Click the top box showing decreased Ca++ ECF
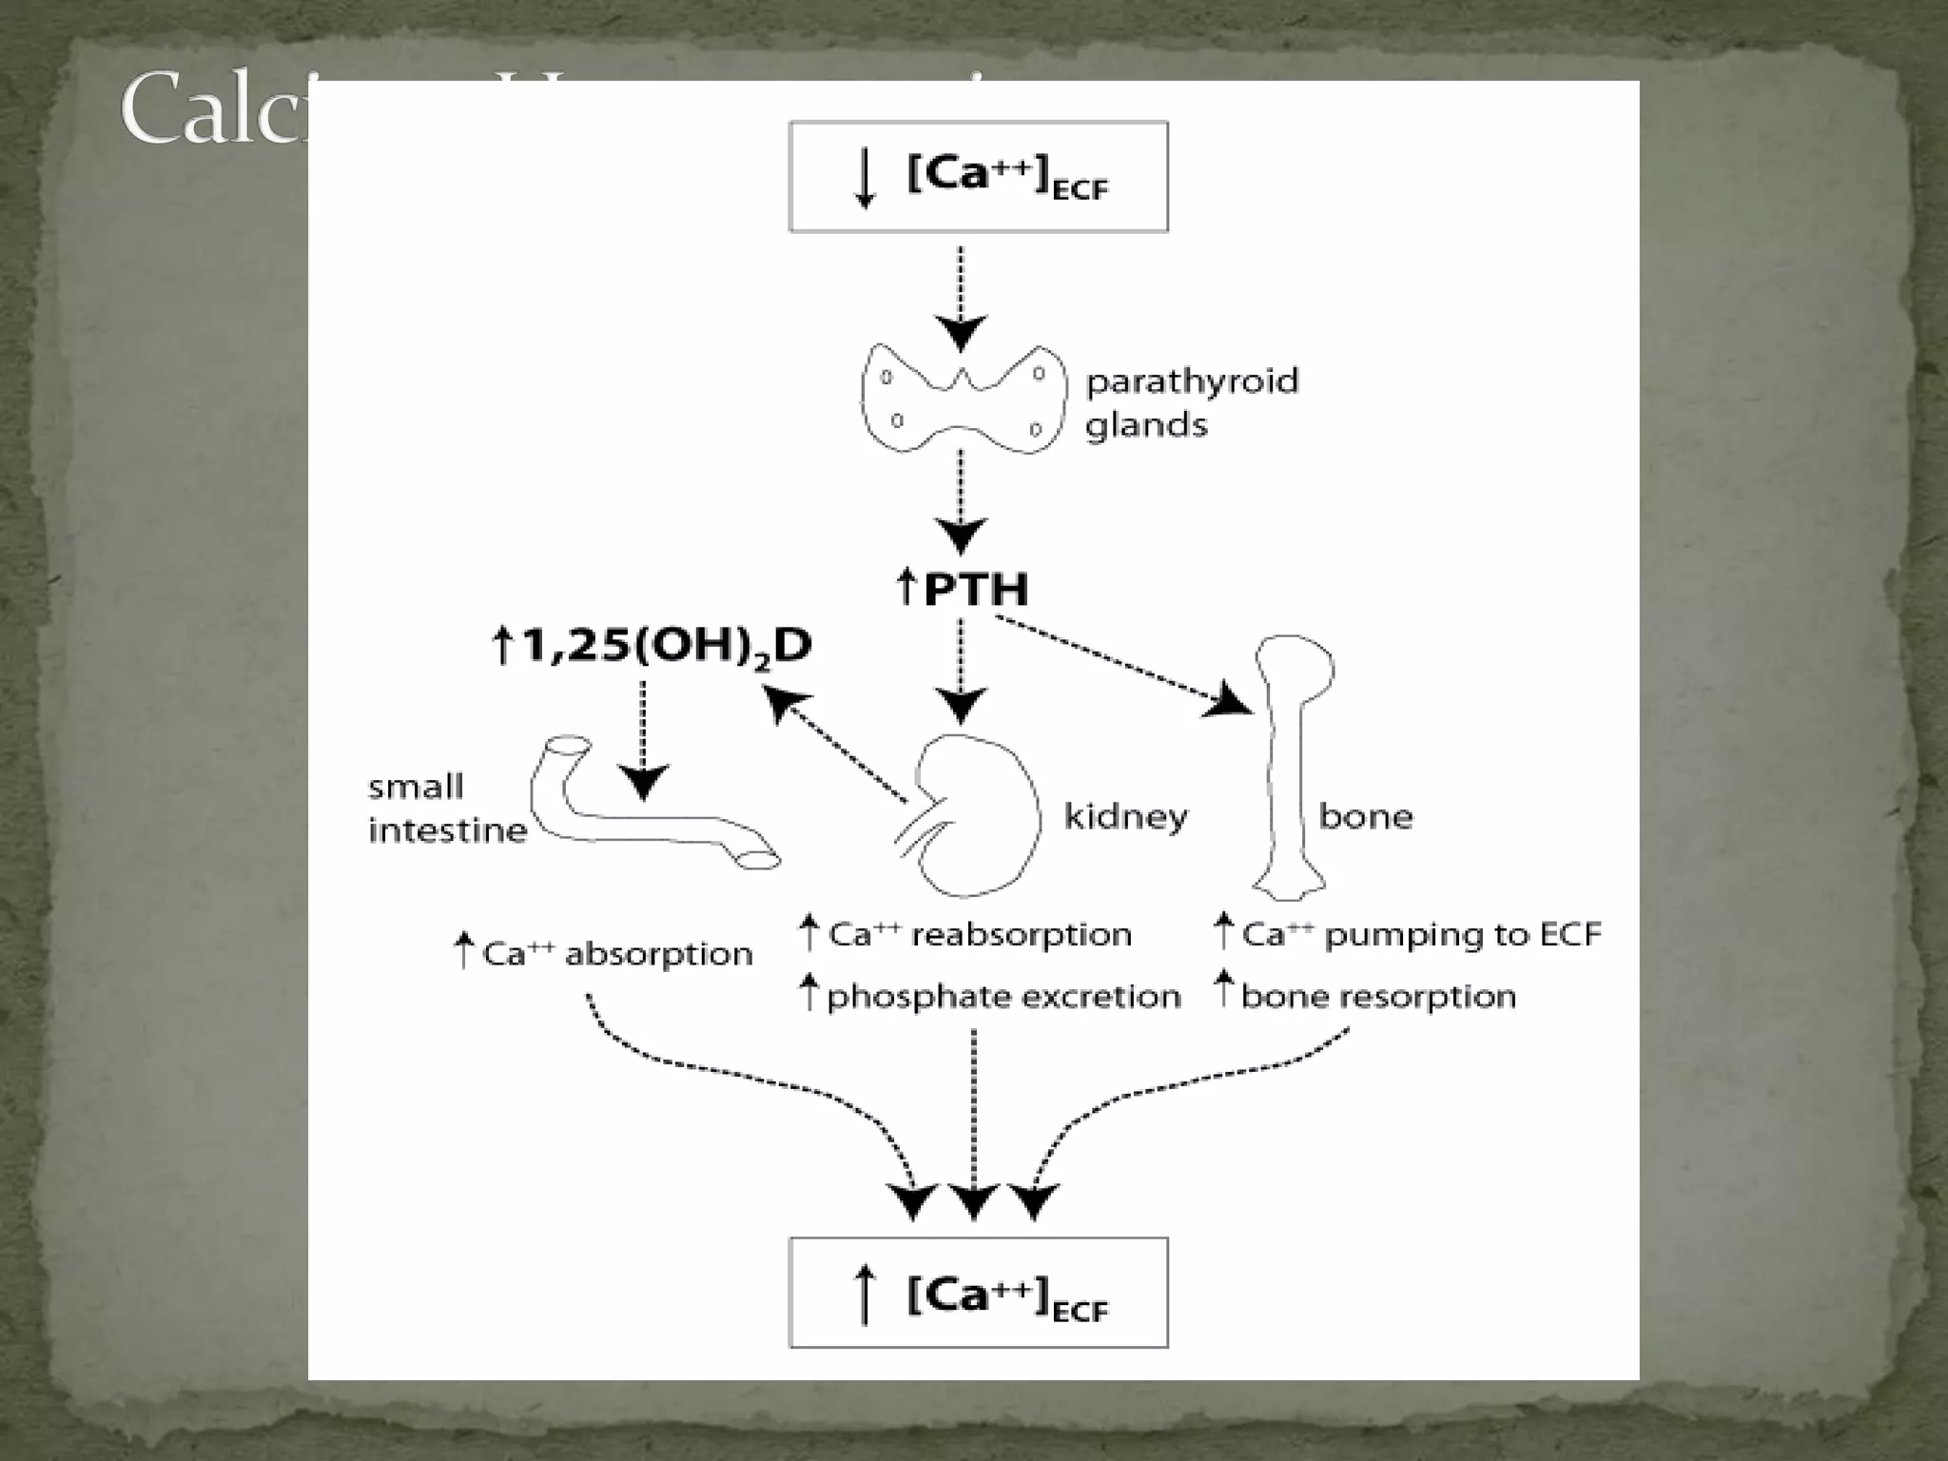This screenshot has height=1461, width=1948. [978, 177]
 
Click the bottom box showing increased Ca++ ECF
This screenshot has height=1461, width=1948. [978, 1293]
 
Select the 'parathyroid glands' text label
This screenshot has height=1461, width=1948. [1191, 402]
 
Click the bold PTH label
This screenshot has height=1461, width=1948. [963, 589]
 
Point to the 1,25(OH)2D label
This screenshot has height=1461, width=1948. [653, 647]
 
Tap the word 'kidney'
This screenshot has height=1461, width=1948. [1125, 816]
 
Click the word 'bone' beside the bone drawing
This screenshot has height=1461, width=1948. [1365, 816]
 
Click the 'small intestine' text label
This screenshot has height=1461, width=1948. [447, 808]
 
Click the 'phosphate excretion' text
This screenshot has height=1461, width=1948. [990, 996]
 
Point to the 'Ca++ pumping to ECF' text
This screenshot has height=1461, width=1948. [1408, 934]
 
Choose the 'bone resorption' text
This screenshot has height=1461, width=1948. [1366, 996]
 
